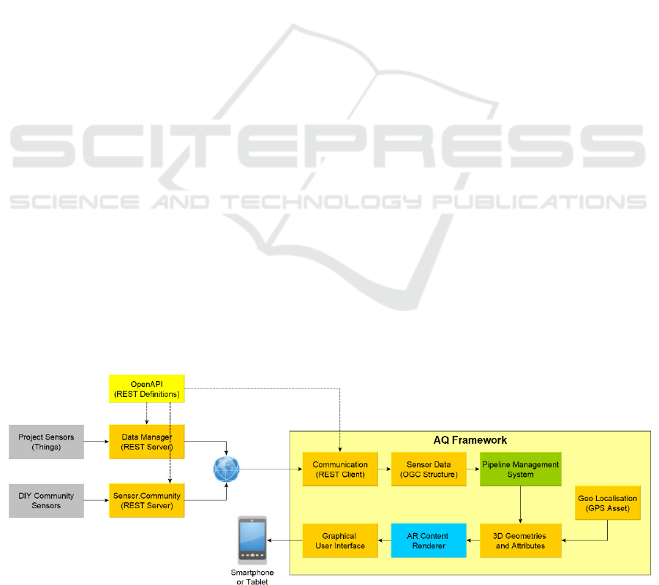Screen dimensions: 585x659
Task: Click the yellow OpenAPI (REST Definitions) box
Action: pyautogui.click(x=146, y=388)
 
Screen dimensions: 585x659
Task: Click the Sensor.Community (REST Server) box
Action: pyautogui.click(x=146, y=501)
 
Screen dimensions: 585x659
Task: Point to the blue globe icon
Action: pyautogui.click(x=227, y=469)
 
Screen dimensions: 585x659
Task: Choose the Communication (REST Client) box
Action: pyautogui.click(x=340, y=469)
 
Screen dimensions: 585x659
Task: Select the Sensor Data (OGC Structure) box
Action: pyautogui.click(x=429, y=469)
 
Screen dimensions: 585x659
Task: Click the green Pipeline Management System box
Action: pyautogui.click(x=520, y=469)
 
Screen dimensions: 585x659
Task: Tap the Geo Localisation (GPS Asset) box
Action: pyautogui.click(x=608, y=503)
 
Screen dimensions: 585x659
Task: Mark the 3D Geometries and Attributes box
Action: pyautogui.click(x=520, y=540)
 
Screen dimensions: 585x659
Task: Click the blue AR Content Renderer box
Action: pyautogui.click(x=429, y=540)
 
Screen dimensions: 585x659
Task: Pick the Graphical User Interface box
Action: pyautogui.click(x=339, y=540)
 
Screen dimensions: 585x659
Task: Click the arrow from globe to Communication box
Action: pyautogui.click(x=271, y=469)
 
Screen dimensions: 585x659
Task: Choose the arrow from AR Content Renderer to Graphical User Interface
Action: pyautogui.click(x=384, y=540)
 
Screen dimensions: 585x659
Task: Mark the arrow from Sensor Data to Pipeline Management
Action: pyautogui.click(x=472, y=469)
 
